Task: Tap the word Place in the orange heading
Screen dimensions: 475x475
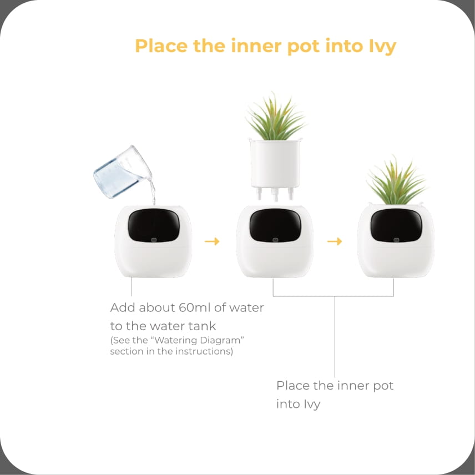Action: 161,46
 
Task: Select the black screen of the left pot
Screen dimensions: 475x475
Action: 154,225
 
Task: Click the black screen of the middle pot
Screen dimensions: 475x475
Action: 275,225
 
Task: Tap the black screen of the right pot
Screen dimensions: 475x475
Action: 396,225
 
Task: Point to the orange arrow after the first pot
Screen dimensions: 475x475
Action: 212,241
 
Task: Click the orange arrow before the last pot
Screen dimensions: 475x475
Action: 335,241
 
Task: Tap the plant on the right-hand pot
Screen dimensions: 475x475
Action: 396,181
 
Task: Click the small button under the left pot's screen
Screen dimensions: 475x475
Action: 154,240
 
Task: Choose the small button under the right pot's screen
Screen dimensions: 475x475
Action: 396,240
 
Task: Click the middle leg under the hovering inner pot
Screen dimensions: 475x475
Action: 275,194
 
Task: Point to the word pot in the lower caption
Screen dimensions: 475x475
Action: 383,386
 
